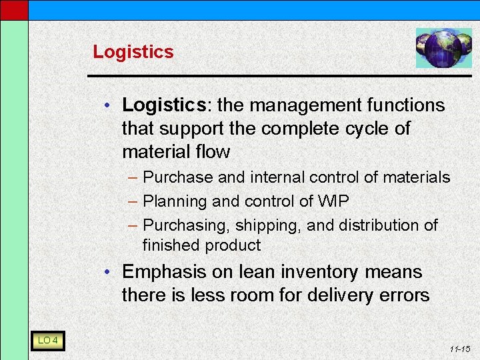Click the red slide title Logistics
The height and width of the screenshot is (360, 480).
tap(133, 52)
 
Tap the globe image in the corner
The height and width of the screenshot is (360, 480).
tap(443, 48)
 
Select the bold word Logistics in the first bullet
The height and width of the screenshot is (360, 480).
tap(164, 105)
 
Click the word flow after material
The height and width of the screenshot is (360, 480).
tap(213, 152)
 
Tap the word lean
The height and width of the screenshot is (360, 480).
tap(257, 272)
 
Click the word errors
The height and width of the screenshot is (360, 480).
tap(403, 295)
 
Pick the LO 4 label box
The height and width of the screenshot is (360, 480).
tap(47, 341)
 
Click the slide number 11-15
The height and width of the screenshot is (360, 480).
tap(460, 349)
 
